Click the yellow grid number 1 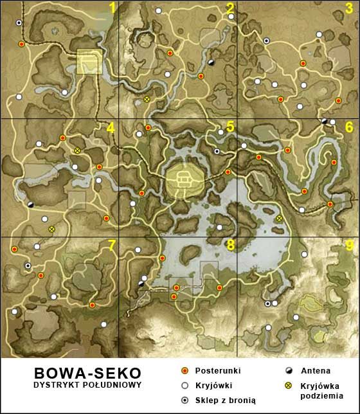[113, 8]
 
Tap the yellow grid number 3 [348, 8]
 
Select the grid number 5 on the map [230, 127]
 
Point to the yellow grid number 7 [112, 245]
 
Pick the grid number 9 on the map [349, 245]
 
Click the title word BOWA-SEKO [87, 373]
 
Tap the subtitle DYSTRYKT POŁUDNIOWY [87, 384]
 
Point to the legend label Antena [316, 371]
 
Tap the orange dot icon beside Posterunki [184, 371]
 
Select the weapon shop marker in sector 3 [266, 40]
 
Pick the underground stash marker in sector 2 [147, 100]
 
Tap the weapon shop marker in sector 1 [19, 22]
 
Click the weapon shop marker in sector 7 [28, 265]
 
